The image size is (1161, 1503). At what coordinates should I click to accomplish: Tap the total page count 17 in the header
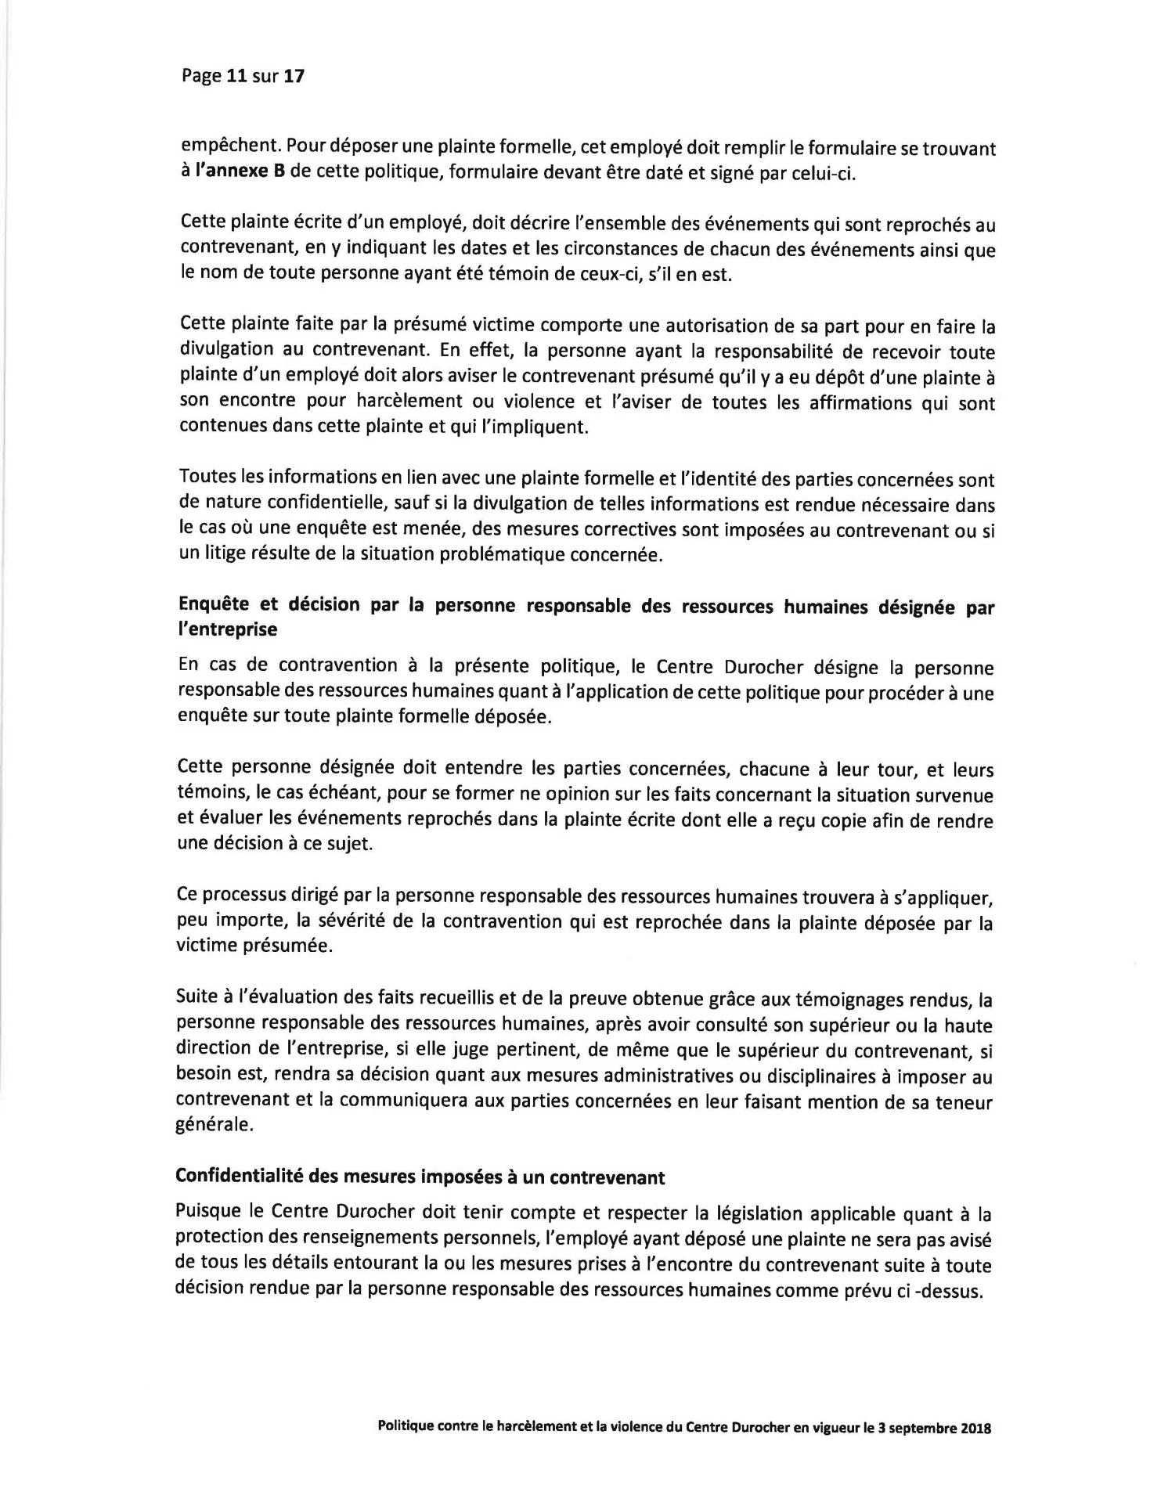tap(293, 77)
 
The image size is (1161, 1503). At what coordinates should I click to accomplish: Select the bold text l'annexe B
tap(239, 172)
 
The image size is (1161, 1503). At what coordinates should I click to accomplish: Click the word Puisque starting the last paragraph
tap(207, 1214)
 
